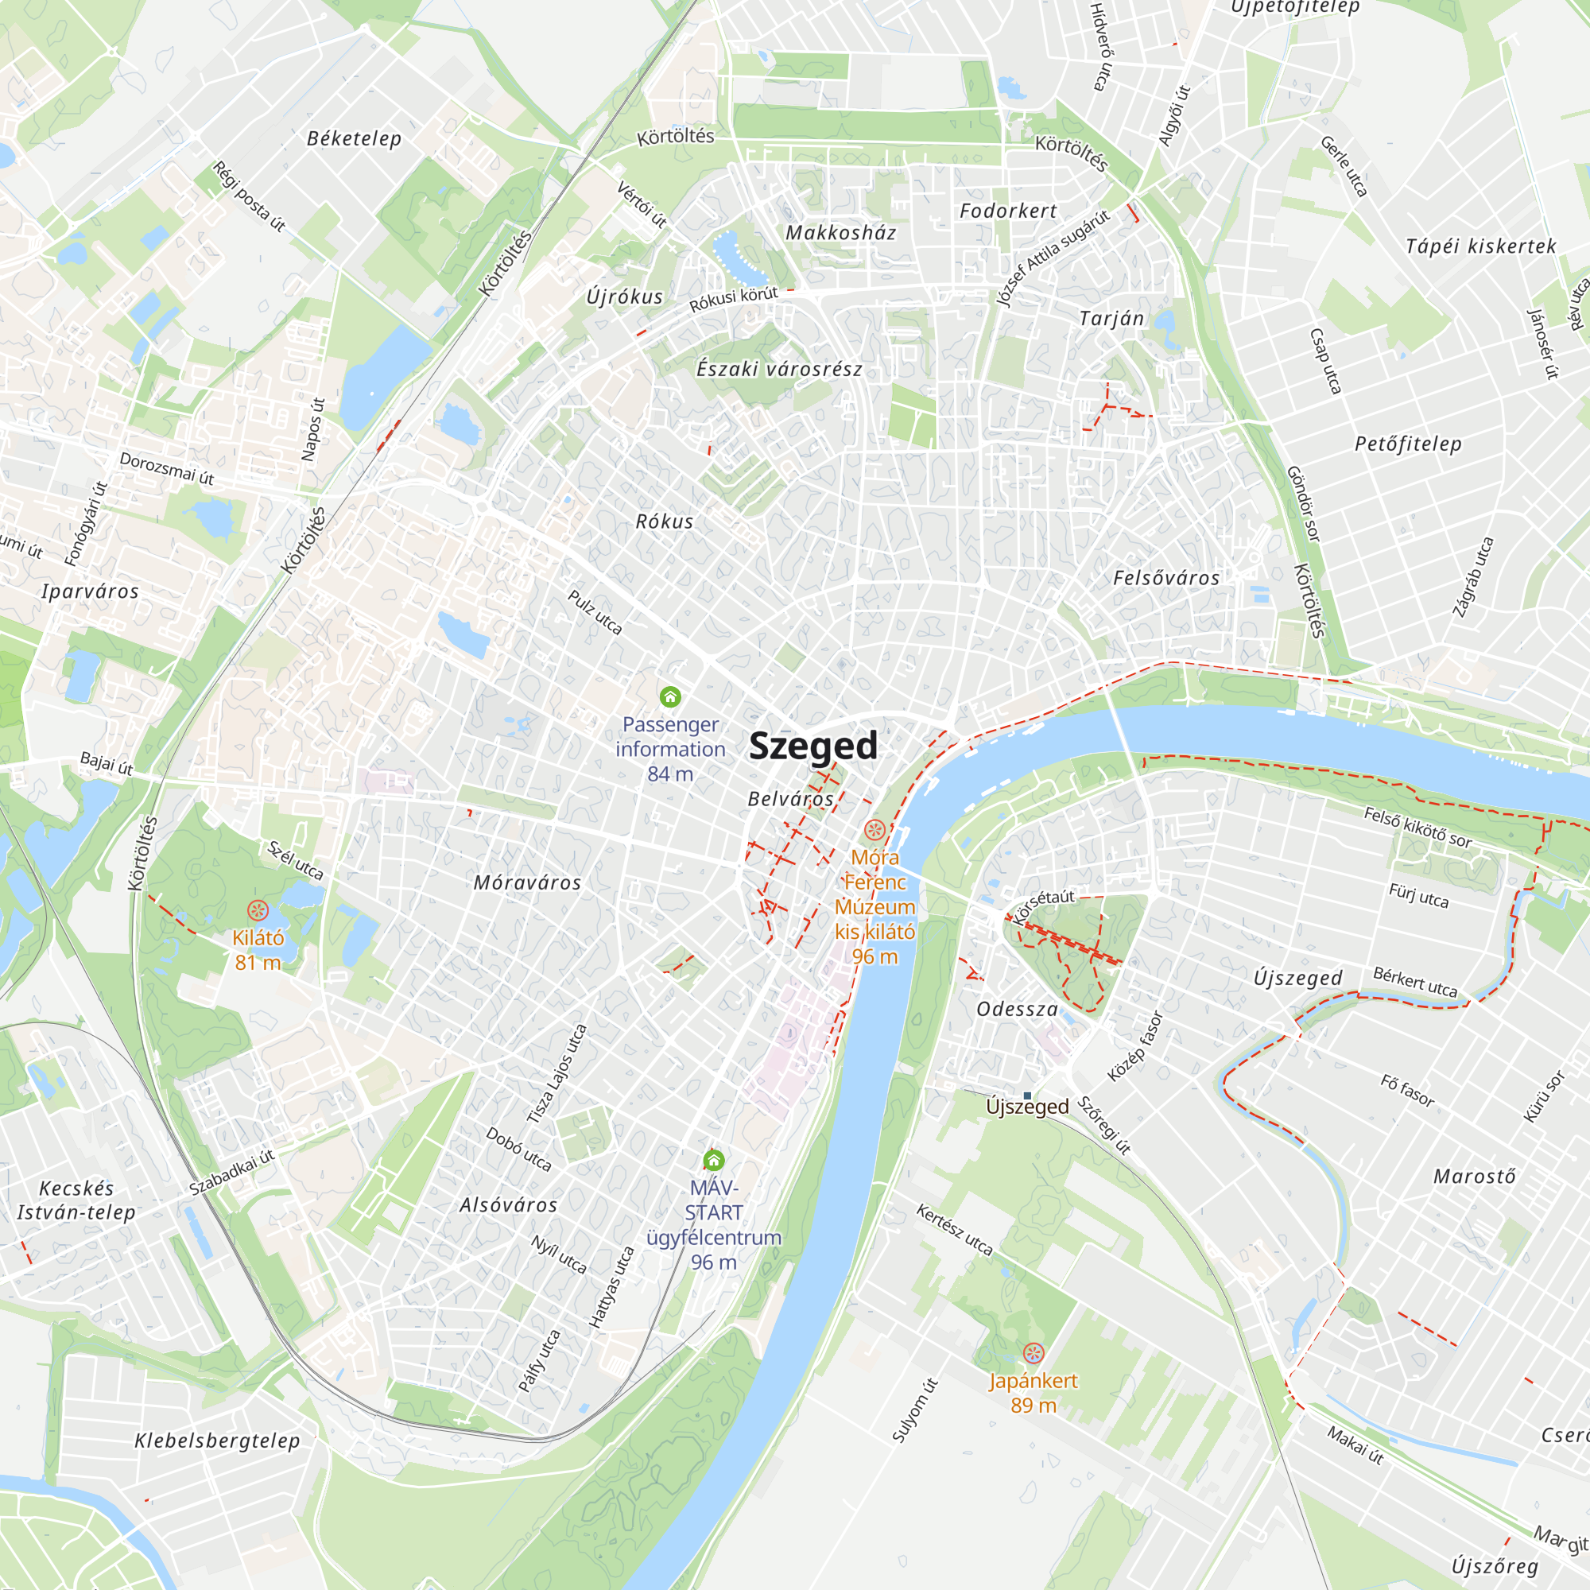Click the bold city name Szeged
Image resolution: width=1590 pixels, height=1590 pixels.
click(813, 746)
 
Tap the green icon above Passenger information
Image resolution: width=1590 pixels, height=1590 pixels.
click(671, 697)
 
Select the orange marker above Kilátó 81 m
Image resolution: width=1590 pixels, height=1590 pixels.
click(258, 910)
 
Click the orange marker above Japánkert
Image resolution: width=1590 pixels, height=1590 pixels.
click(1033, 1353)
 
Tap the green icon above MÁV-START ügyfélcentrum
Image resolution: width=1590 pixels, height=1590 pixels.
click(714, 1161)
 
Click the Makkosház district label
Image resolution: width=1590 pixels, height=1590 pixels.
click(840, 233)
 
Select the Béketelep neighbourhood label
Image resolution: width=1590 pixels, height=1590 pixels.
click(354, 138)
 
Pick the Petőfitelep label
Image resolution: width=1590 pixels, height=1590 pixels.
click(1408, 444)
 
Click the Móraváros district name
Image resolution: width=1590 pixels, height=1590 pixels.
click(528, 883)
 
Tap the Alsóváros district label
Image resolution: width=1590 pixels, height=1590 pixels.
click(509, 1205)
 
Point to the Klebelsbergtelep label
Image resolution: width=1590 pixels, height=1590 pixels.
click(217, 1441)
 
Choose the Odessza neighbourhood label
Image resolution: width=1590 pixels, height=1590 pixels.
click(1018, 1009)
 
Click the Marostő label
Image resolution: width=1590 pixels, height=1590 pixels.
click(1474, 1176)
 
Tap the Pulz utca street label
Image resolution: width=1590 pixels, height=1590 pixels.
click(595, 611)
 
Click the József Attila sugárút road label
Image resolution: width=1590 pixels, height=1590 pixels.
click(1053, 258)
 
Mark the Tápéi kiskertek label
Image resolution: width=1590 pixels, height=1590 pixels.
click(1480, 246)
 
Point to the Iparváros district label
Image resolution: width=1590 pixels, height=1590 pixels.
click(91, 591)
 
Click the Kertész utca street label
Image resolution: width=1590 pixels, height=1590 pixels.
click(955, 1230)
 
